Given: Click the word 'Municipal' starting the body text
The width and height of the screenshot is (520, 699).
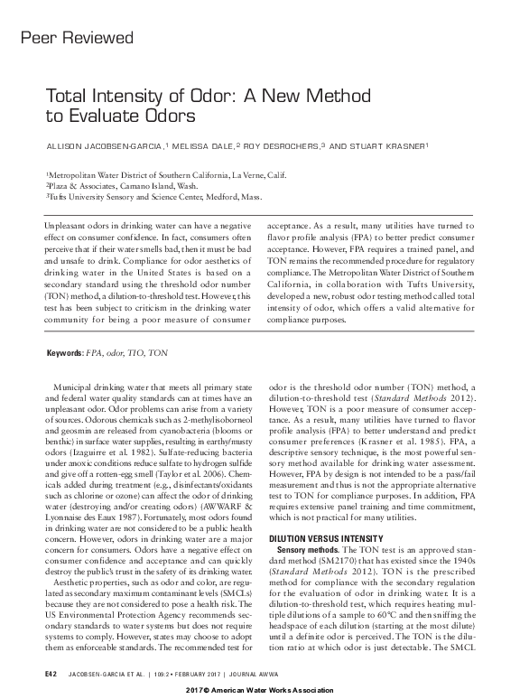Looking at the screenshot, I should tap(74, 387).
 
